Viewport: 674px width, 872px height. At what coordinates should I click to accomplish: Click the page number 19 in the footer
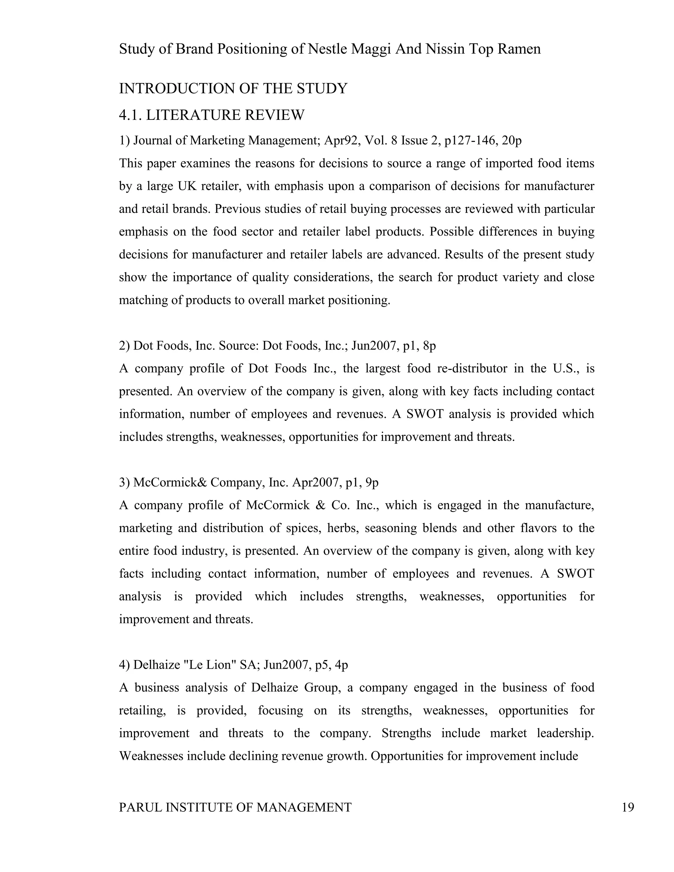[628, 807]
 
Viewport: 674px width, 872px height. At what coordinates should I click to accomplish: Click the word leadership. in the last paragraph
[565, 733]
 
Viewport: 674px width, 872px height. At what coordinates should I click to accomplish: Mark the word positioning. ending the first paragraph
[359, 300]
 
